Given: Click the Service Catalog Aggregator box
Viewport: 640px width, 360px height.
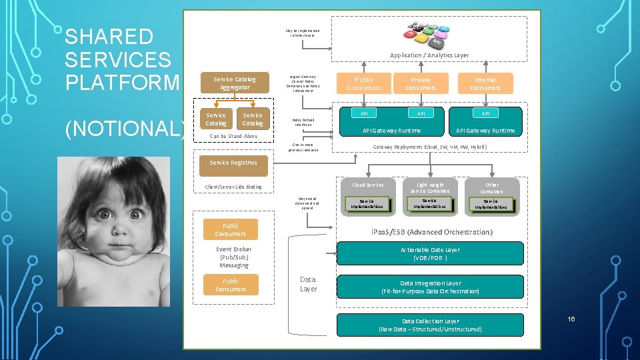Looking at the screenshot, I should [232, 83].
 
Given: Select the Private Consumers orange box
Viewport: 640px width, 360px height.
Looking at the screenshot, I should [421, 83].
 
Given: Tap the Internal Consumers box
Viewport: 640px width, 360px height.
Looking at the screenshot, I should [485, 83].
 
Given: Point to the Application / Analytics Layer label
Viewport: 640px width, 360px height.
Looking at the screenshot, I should [429, 55].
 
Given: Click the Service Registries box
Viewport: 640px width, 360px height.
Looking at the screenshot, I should [233, 162].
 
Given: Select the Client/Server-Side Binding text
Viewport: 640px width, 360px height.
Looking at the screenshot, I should [233, 187].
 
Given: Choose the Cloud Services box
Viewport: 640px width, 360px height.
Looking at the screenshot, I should [367, 185].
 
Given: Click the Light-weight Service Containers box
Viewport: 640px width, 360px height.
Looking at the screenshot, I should [430, 187].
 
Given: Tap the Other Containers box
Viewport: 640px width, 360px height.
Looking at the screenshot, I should [492, 187].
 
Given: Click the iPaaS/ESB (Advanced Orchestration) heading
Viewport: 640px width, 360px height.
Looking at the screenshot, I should [431, 232].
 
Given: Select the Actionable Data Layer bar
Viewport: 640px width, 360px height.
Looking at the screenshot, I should [430, 253].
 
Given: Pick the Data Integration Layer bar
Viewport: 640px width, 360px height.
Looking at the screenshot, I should [430, 287].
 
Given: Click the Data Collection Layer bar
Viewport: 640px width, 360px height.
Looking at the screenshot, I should [430, 325].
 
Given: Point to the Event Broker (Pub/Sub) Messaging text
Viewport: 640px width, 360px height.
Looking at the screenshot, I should [234, 257].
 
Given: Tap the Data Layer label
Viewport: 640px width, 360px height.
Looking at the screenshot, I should [308, 284].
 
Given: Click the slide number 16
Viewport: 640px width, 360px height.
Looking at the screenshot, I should [571, 319].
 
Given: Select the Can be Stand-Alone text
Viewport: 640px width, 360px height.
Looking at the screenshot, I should [233, 136].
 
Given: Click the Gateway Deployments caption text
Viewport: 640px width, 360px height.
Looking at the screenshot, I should [429, 147].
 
